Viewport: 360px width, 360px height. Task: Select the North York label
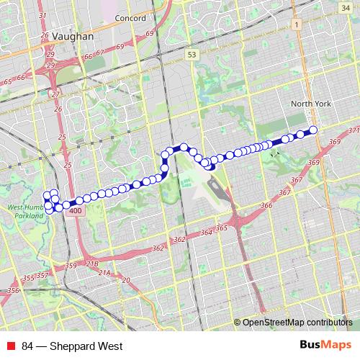(311, 104)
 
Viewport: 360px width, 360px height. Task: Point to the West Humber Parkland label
(27, 211)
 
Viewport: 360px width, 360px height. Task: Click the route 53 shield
(190, 55)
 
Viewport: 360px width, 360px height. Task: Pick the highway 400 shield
(76, 211)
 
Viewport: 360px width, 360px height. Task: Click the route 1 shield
(296, 24)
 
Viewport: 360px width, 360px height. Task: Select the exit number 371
(352, 130)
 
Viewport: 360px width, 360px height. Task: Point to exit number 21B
(92, 264)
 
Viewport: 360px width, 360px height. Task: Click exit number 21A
(104, 272)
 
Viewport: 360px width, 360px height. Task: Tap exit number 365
(221, 228)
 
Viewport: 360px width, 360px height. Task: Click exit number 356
(13, 290)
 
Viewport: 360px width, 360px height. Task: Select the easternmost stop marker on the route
(313, 130)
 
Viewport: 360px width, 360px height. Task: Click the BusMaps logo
(326, 346)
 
